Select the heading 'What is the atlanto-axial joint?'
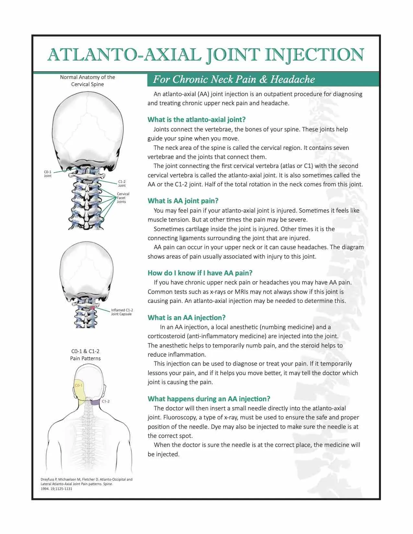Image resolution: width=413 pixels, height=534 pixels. click(x=196, y=119)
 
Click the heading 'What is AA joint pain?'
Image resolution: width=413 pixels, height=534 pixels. click(x=183, y=201)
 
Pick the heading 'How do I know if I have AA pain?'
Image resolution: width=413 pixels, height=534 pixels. click(x=200, y=273)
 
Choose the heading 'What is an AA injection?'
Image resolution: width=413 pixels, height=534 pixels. click(x=186, y=317)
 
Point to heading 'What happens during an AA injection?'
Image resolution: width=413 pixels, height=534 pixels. click(x=209, y=399)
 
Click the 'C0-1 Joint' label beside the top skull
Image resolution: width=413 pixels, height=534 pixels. click(x=48, y=174)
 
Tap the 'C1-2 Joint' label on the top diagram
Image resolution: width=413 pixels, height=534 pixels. click(x=122, y=184)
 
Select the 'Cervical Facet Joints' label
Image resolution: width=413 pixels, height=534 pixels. click(x=123, y=198)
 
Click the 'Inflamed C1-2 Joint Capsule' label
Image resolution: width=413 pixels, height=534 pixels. click(x=122, y=312)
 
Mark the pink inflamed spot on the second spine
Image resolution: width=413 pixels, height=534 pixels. click(x=93, y=307)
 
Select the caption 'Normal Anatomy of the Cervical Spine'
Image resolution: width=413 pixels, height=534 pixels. click(x=87, y=81)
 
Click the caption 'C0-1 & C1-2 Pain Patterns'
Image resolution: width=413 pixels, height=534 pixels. click(x=86, y=355)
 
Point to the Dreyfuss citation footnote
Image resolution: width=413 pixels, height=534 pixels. click(x=86, y=484)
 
